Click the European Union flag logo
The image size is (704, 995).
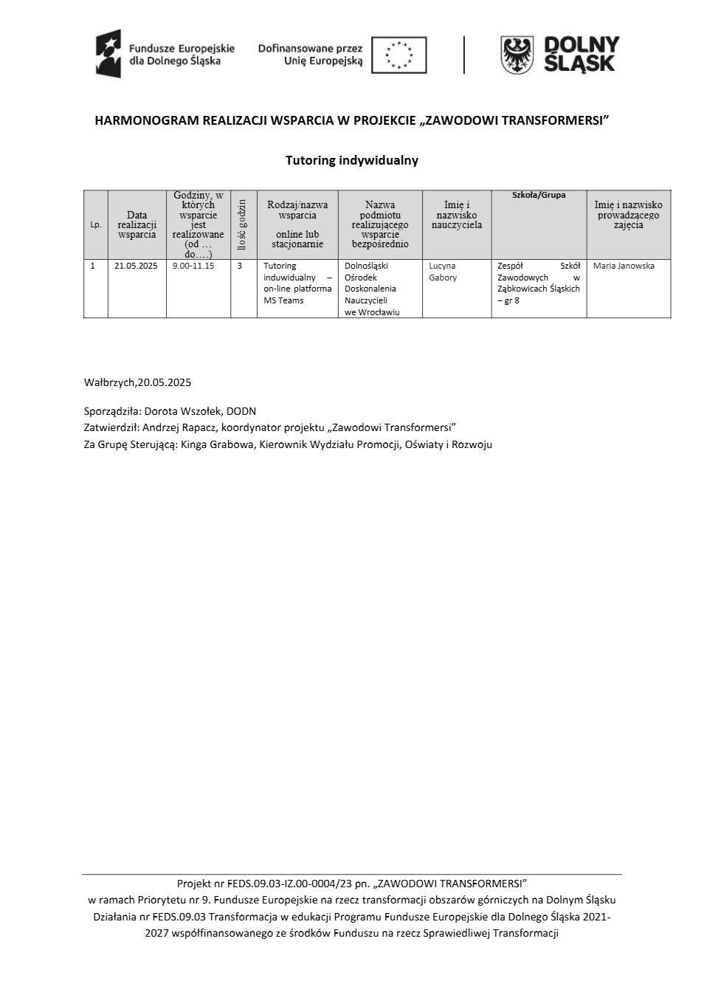pos(398,55)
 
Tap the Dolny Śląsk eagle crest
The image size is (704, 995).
pos(517,55)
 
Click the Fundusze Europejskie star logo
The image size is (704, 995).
pos(108,54)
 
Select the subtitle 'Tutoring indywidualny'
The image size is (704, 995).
pos(351,160)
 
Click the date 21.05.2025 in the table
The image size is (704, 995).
pos(136,266)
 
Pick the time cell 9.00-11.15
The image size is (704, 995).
pos(193,266)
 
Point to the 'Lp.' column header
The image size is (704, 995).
pos(96,224)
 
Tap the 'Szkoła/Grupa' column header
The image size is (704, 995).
pos(539,196)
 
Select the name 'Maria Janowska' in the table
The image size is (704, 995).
pos(624,266)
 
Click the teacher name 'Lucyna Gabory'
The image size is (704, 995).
pos(443,272)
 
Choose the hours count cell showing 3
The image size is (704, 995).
pos(240,266)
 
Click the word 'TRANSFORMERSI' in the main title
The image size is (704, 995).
pos(552,120)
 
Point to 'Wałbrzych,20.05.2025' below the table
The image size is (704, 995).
pos(137,382)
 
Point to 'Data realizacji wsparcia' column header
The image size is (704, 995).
pos(137,224)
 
